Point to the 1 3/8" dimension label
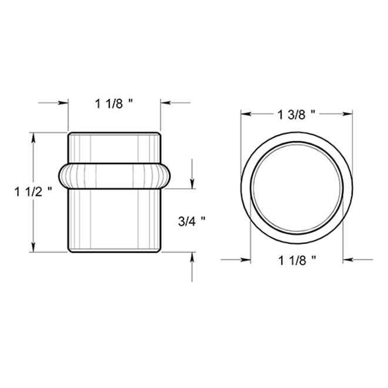click(297, 114)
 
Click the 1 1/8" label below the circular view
click(297, 259)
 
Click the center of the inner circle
click(297, 186)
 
